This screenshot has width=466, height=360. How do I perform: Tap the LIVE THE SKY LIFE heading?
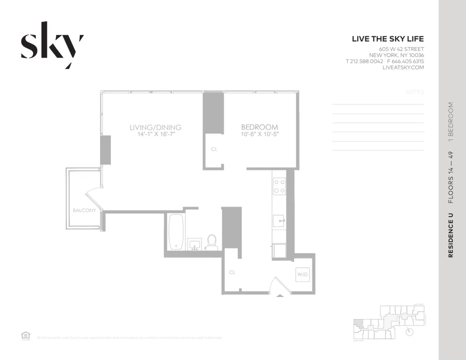(x=388, y=39)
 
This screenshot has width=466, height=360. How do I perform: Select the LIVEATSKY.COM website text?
(x=403, y=68)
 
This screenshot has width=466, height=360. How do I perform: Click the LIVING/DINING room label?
(x=155, y=127)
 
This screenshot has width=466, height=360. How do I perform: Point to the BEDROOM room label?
(x=259, y=127)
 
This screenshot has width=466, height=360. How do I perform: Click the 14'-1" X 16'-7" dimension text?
(x=155, y=135)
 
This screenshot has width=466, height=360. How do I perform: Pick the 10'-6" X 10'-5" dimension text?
(x=259, y=135)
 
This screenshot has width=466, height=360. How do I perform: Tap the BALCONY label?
(x=84, y=211)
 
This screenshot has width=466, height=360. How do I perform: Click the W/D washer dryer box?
(x=302, y=275)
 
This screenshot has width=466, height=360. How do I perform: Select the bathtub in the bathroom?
(x=176, y=231)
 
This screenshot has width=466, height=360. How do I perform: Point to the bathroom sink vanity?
(x=195, y=245)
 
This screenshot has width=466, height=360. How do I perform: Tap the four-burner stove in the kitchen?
(x=280, y=186)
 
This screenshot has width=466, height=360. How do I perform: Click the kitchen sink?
(x=279, y=220)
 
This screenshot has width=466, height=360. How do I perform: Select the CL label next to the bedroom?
(x=214, y=149)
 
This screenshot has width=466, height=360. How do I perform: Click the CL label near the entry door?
(x=232, y=272)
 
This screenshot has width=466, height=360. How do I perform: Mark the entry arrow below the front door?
(x=279, y=295)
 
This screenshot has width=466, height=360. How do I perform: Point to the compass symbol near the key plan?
(x=410, y=332)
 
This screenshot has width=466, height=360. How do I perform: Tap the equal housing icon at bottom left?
(x=26, y=336)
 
